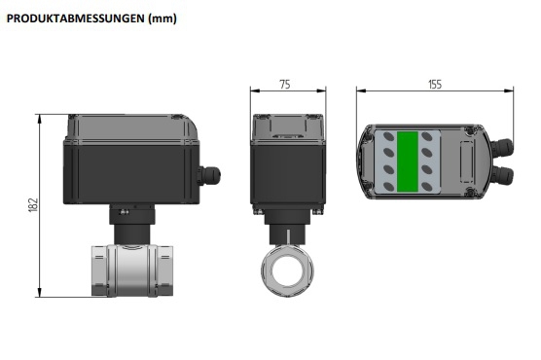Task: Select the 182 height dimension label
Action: pyautogui.click(x=31, y=204)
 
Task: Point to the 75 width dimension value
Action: pyautogui.click(x=284, y=85)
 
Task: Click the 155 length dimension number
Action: pyautogui.click(x=434, y=85)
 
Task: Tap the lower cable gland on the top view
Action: pyautogui.click(x=503, y=175)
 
